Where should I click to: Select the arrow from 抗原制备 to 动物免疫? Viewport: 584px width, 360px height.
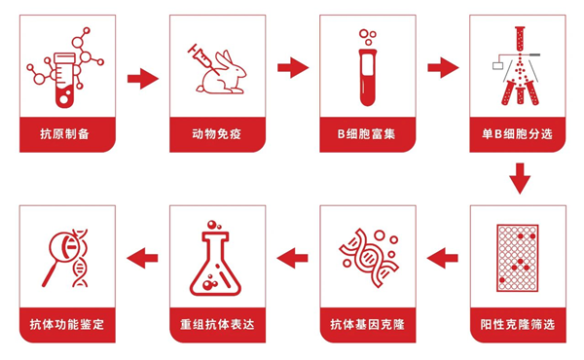click(142, 79)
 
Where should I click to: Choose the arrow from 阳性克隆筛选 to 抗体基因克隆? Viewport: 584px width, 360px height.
click(443, 258)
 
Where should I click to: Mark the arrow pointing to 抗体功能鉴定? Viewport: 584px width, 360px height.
click(142, 258)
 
